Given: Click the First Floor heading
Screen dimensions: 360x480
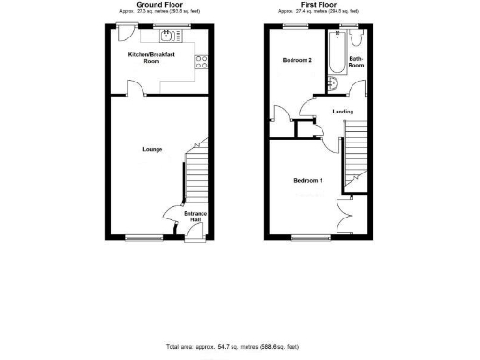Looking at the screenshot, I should coord(318,4).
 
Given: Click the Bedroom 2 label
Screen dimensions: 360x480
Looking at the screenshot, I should coord(297,60).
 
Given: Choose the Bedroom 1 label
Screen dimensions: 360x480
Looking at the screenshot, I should coord(307,179).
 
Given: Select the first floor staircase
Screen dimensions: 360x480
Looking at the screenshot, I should coord(355,159).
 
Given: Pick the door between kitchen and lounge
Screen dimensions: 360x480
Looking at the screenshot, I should coord(136,89).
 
